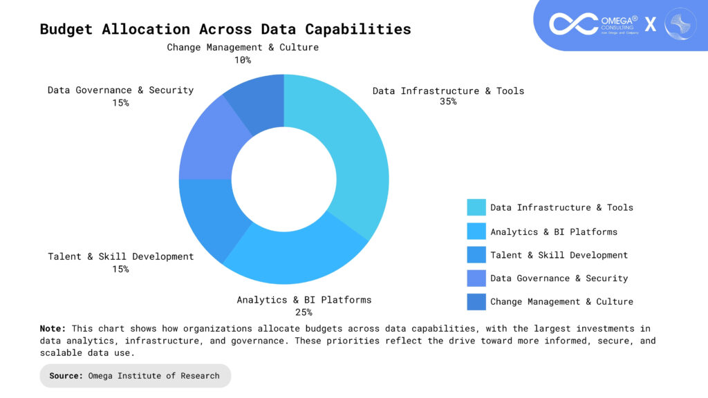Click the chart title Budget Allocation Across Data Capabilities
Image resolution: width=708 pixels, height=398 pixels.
pyautogui.click(x=225, y=29)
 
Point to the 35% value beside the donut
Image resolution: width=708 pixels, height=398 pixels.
pyautogui.click(x=447, y=102)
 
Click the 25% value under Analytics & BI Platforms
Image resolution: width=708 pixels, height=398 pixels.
pyautogui.click(x=304, y=312)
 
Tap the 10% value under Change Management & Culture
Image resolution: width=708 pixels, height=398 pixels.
pyautogui.click(x=242, y=60)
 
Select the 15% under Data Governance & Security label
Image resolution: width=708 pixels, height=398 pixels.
pyautogui.click(x=120, y=103)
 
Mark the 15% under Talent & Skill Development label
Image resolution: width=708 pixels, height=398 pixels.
pyautogui.click(x=120, y=269)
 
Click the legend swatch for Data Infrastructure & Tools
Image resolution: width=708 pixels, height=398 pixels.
pyautogui.click(x=476, y=207)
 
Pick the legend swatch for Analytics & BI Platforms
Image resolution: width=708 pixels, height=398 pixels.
pyautogui.click(x=476, y=231)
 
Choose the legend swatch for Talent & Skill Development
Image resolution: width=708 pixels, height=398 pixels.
pyautogui.click(x=476, y=255)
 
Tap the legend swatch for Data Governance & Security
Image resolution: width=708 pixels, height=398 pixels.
pyautogui.click(x=476, y=278)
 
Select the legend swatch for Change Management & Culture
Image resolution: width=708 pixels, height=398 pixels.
pyautogui.click(x=476, y=302)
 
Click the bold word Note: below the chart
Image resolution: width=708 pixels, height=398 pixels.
pyautogui.click(x=53, y=329)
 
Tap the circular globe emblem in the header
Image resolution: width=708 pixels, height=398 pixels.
pyautogui.click(x=680, y=23)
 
